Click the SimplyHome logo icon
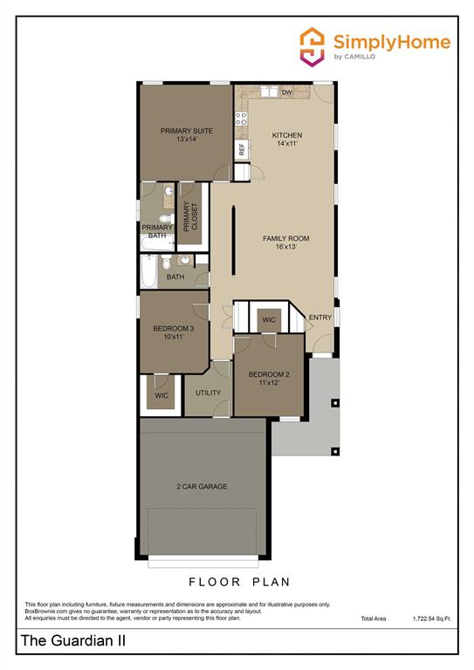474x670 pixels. [313, 44]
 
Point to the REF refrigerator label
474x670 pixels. [242, 148]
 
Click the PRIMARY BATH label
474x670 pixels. [156, 231]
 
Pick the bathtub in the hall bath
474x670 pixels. [151, 271]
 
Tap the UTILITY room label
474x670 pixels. [208, 393]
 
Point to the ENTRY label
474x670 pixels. [320, 318]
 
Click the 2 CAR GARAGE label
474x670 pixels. [202, 486]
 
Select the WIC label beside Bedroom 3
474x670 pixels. [161, 395]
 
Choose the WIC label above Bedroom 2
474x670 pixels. [269, 320]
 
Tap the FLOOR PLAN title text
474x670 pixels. [239, 581]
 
